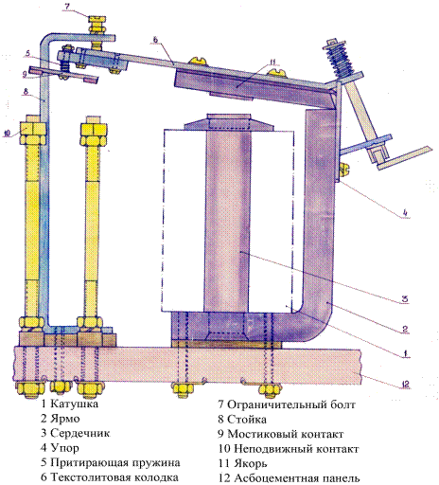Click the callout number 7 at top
point(67,7)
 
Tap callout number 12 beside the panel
point(405,384)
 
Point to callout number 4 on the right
point(405,213)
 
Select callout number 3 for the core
point(405,298)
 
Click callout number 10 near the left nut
point(7,134)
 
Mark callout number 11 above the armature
point(272,62)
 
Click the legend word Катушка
point(74,404)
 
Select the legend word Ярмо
point(65,419)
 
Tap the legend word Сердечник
point(80,433)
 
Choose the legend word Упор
point(64,448)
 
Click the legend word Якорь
point(251,463)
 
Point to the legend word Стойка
point(247,420)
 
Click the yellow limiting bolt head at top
point(97,22)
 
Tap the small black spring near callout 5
point(65,65)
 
